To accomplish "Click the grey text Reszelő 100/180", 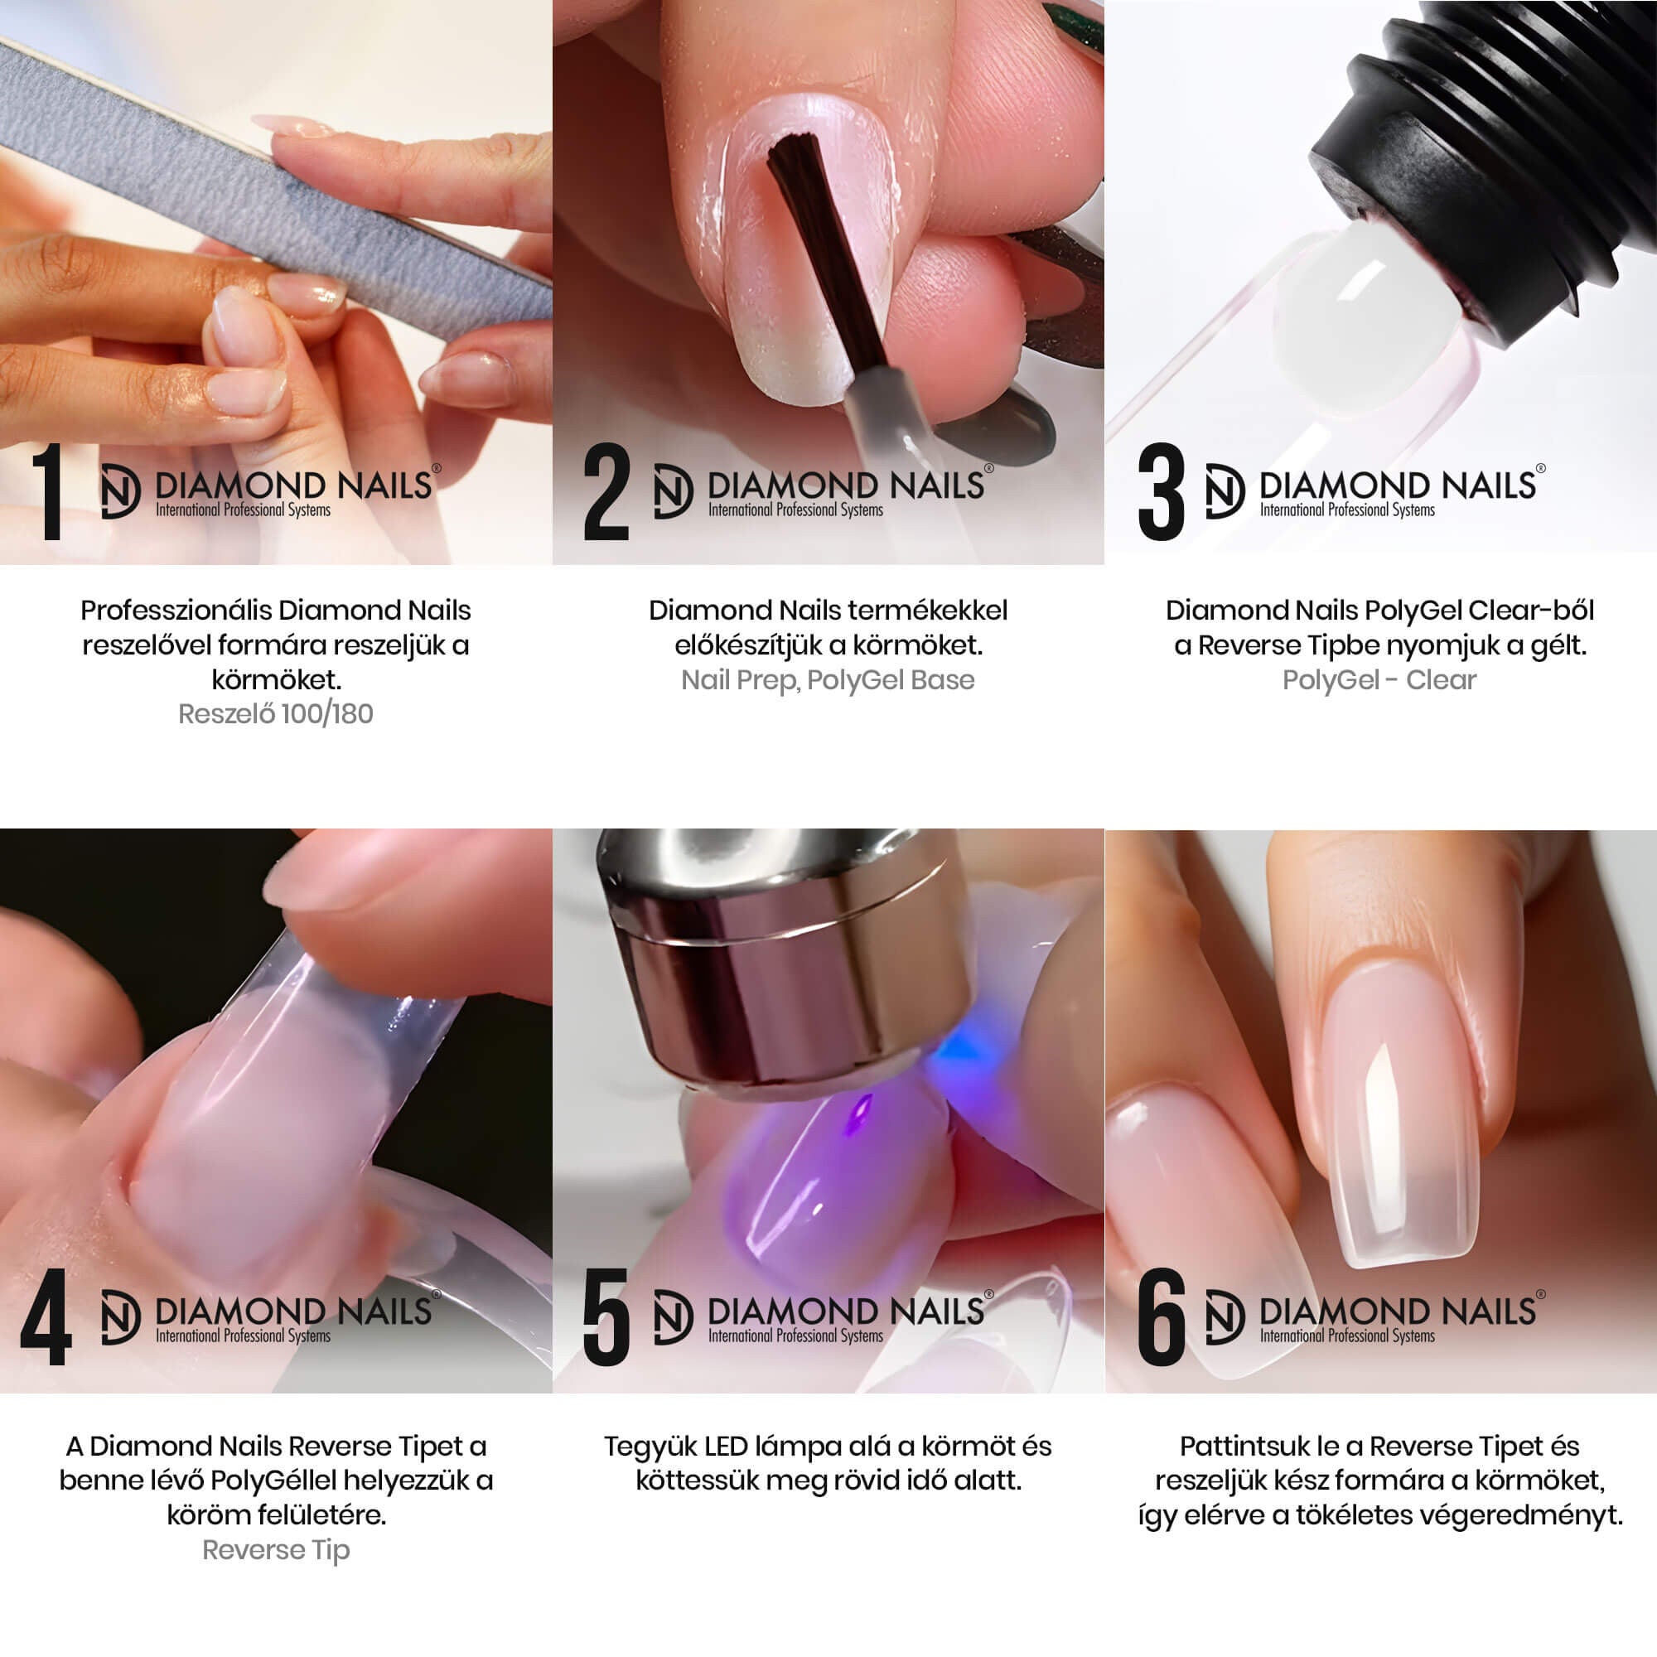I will tap(275, 714).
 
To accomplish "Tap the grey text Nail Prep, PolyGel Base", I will tap(828, 680).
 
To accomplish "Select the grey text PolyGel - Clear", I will tap(1379, 680).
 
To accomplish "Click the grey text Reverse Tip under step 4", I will tap(275, 1550).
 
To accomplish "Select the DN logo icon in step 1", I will tap(119, 491).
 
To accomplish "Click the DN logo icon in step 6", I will tap(1224, 1317).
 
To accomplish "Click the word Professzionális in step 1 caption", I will tap(176, 611).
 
